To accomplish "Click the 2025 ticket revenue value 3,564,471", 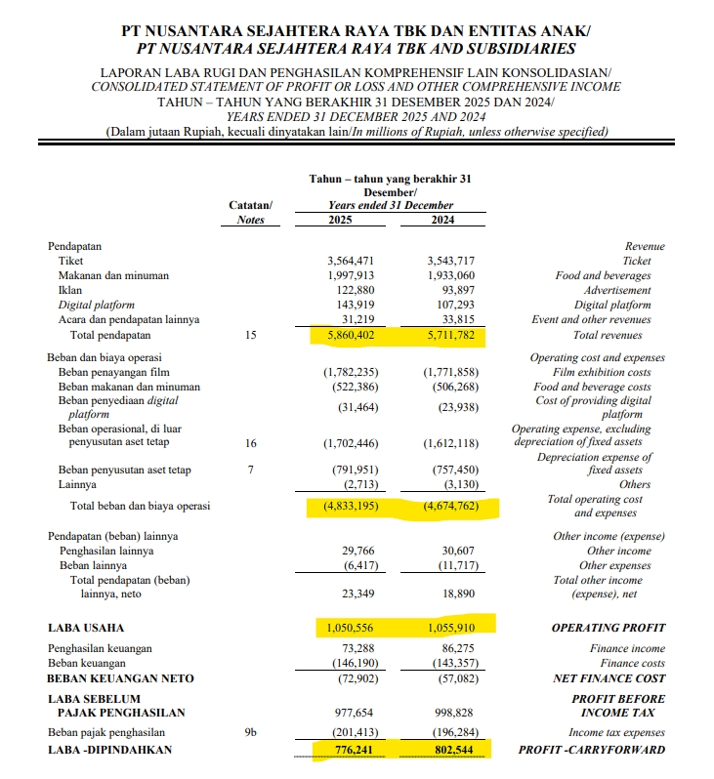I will pos(351,261).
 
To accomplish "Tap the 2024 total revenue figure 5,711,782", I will pos(450,335).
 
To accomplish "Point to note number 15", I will pos(251,335).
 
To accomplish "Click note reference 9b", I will pos(251,732).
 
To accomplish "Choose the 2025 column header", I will pos(345,220).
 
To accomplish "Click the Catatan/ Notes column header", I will pos(251,213).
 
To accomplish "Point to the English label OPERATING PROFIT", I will pos(609,628).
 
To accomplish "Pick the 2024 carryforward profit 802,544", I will pos(450,750).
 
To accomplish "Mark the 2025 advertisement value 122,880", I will pos(355,290).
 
